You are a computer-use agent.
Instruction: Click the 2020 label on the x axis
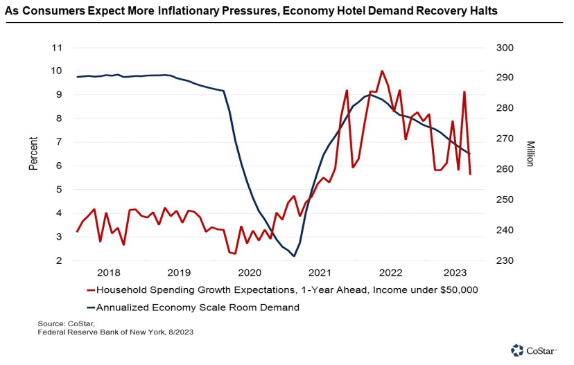pos(250,272)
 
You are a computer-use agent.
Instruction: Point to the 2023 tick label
pos(455,272)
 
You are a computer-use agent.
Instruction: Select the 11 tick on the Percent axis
pos(57,48)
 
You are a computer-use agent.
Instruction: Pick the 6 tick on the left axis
pos(60,166)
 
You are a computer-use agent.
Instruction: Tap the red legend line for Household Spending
pos(90,290)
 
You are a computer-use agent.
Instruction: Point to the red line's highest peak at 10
pos(382,71)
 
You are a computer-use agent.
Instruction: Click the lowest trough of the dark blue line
pos(294,256)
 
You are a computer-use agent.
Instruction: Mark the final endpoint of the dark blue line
pos(469,154)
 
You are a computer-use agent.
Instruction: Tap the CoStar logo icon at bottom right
pos(516,350)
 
